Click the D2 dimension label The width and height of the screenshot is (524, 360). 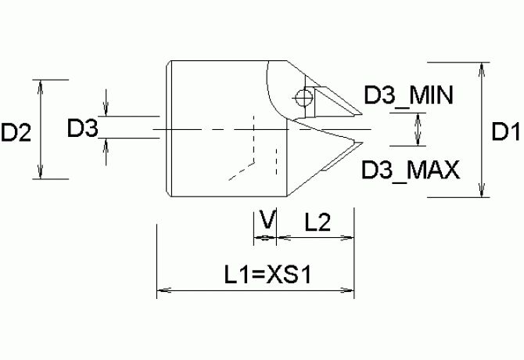16,132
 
